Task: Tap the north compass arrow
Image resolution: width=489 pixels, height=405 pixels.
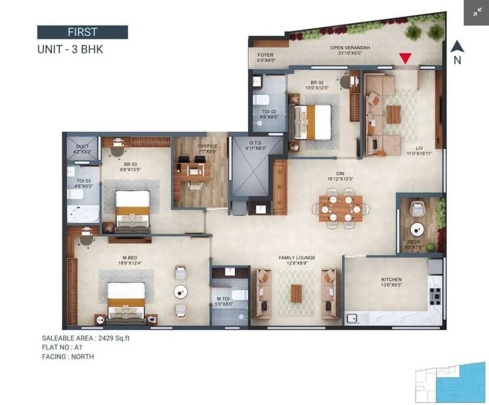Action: [457, 46]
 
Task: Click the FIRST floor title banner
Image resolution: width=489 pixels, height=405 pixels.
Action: [82, 32]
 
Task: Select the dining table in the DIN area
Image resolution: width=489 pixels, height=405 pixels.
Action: [341, 208]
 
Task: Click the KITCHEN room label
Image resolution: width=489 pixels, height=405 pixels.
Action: [391, 279]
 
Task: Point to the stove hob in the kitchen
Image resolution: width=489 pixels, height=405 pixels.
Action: [435, 294]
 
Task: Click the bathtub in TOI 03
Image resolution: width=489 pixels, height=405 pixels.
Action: [83, 214]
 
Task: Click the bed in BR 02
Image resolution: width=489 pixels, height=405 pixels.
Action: [312, 121]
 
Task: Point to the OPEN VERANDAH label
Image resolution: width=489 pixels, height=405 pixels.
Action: [350, 48]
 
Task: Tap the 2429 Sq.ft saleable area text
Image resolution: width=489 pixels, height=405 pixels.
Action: [112, 338]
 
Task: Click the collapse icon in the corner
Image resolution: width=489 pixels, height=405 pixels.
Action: [476, 12]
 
